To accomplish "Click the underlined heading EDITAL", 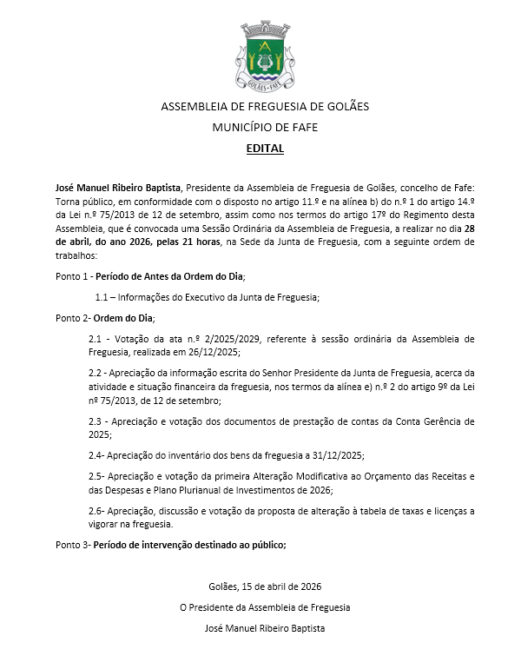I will [265, 149].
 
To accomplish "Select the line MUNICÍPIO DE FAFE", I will [265, 127].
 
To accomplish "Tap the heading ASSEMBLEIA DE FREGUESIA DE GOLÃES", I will [265, 107].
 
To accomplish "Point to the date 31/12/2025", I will [337, 455].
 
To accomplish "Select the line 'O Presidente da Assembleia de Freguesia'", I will [265, 606].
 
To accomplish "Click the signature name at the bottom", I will [265, 626].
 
